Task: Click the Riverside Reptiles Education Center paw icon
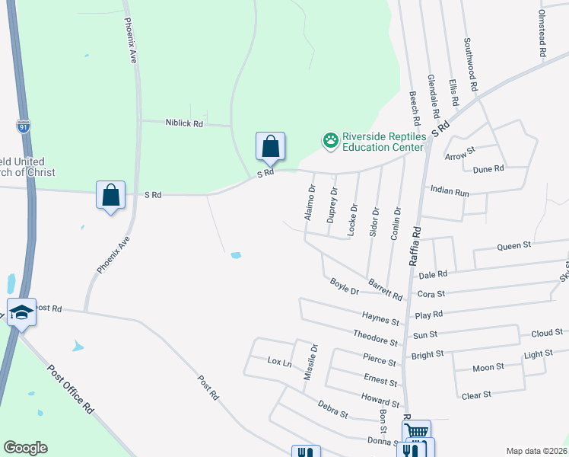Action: pos(331,140)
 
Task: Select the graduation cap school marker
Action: pos(21,312)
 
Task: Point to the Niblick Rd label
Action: pos(183,123)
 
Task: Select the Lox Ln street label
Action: pos(279,363)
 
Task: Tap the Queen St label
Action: pos(513,246)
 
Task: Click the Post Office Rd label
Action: pos(70,388)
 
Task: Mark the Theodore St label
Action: pos(375,337)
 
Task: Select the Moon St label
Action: pos(488,367)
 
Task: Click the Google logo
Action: pos(25,448)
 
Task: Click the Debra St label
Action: pos(333,410)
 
